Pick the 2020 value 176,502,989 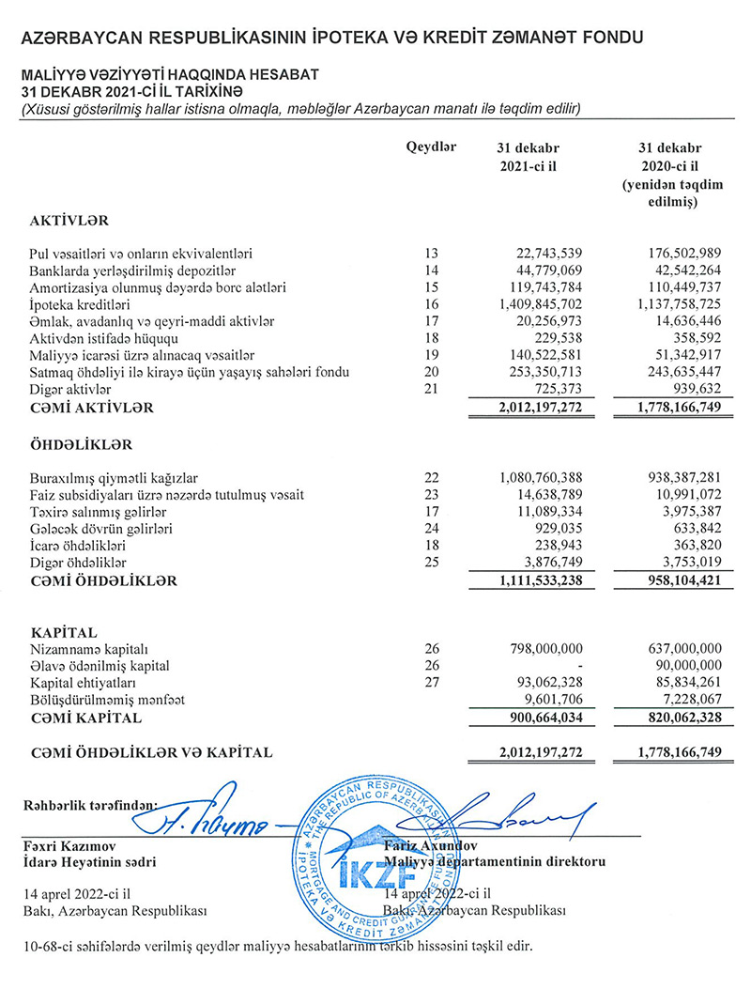[x=676, y=254]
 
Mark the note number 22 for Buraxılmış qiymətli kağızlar [x=431, y=478]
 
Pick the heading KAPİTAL [x=64, y=632]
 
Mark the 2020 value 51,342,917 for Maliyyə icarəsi [x=682, y=355]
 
